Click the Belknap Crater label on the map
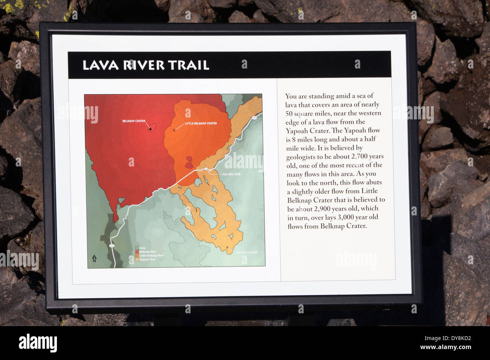pyautogui.click(x=134, y=121)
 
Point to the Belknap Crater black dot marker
pyautogui.click(x=150, y=129)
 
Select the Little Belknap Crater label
pyautogui.click(x=201, y=124)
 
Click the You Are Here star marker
pyautogui.click(x=207, y=168)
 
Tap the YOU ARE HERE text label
pyautogui.click(x=231, y=174)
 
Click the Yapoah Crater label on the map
pyautogui.click(x=247, y=252)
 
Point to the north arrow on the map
pyautogui.click(x=94, y=258)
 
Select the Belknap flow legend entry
pyautogui.click(x=147, y=252)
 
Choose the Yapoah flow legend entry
pyautogui.click(x=147, y=259)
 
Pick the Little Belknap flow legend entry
pyautogui.click(x=151, y=256)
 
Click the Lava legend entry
pyautogui.click(x=142, y=248)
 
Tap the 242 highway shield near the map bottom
pyautogui.click(x=112, y=246)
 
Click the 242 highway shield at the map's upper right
pyautogui.click(x=254, y=118)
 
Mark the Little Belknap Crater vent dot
pyautogui.click(x=174, y=130)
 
